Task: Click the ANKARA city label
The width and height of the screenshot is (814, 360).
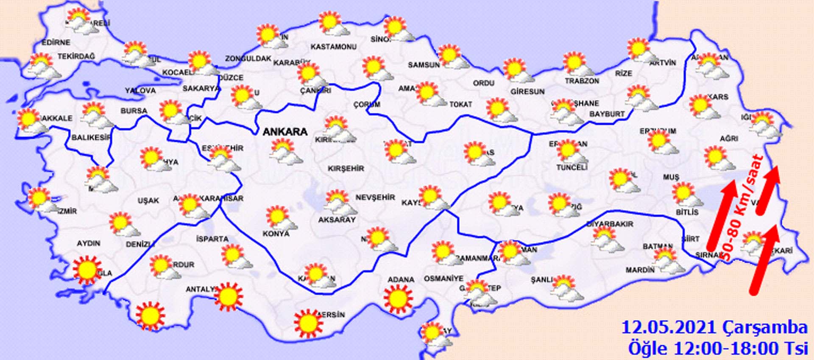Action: pyautogui.click(x=285, y=132)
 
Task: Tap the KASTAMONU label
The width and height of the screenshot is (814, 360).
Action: pyautogui.click(x=334, y=47)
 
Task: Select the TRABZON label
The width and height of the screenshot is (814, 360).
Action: pyautogui.click(x=582, y=81)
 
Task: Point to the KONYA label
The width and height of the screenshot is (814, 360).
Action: pyautogui.click(x=276, y=234)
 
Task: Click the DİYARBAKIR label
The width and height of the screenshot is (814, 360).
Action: pyautogui.click(x=610, y=223)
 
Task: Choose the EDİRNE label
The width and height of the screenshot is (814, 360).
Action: pyautogui.click(x=56, y=42)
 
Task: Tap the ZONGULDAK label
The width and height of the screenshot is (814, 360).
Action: pyautogui.click(x=248, y=59)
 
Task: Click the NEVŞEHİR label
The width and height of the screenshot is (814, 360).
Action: pyautogui.click(x=375, y=197)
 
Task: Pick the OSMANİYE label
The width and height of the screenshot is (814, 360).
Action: pyautogui.click(x=443, y=279)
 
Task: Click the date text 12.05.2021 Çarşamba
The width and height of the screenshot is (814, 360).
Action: pyautogui.click(x=714, y=328)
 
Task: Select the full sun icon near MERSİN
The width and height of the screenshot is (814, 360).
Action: pyautogui.click(x=308, y=324)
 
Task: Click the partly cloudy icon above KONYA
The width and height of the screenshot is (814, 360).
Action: pyautogui.click(x=280, y=218)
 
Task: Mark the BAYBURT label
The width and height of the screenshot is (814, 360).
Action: pyautogui.click(x=607, y=114)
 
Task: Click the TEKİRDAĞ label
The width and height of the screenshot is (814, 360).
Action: pyautogui.click(x=76, y=56)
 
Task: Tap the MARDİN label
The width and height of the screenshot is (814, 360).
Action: pyautogui.click(x=640, y=270)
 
